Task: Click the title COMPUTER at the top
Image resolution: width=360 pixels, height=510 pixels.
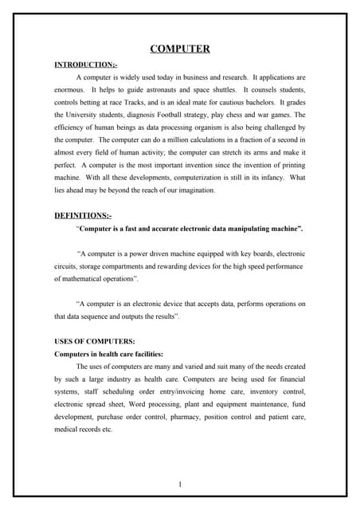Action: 180,49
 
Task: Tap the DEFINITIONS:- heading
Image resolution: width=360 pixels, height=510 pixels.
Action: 83,215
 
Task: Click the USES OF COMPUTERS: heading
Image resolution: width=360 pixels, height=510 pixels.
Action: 88,341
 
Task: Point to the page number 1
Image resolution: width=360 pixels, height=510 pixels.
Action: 180,484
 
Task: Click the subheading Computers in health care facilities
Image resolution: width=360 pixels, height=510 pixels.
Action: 108,353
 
